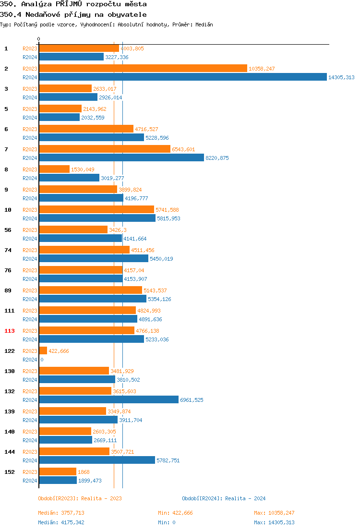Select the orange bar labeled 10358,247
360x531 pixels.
click(x=143, y=69)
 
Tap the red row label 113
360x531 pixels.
click(x=10, y=331)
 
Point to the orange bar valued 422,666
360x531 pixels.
click(x=43, y=351)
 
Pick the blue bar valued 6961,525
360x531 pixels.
click(x=108, y=400)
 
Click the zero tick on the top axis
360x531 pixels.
click(x=39, y=39)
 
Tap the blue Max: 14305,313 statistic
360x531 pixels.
click(x=274, y=522)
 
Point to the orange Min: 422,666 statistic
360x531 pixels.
click(x=175, y=513)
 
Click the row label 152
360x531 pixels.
click(x=10, y=472)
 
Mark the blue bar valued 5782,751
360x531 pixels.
click(x=96, y=460)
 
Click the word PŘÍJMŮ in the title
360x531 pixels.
click(x=69, y=4)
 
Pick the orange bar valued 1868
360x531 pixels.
click(x=58, y=472)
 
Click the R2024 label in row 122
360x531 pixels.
click(x=30, y=360)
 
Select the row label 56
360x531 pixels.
click(x=8, y=230)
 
